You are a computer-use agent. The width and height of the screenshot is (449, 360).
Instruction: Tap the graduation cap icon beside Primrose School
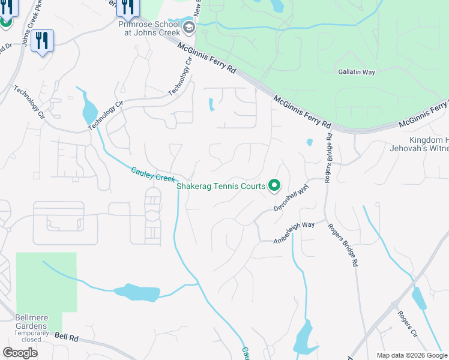pos(189,27)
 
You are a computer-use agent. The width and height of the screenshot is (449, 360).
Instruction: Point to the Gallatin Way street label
pos(357,72)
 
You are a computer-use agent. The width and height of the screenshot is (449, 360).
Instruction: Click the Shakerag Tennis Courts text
pos(221,186)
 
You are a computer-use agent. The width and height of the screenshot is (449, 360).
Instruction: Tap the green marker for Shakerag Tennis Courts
pos(274,185)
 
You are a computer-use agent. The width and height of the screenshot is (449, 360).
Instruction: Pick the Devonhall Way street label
pos(291,198)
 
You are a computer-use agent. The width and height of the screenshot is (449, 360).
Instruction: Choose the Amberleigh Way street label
pos(294,232)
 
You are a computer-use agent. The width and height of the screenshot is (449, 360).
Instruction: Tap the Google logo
pos(20,353)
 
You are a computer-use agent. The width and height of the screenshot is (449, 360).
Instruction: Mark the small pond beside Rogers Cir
pos(419,299)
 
